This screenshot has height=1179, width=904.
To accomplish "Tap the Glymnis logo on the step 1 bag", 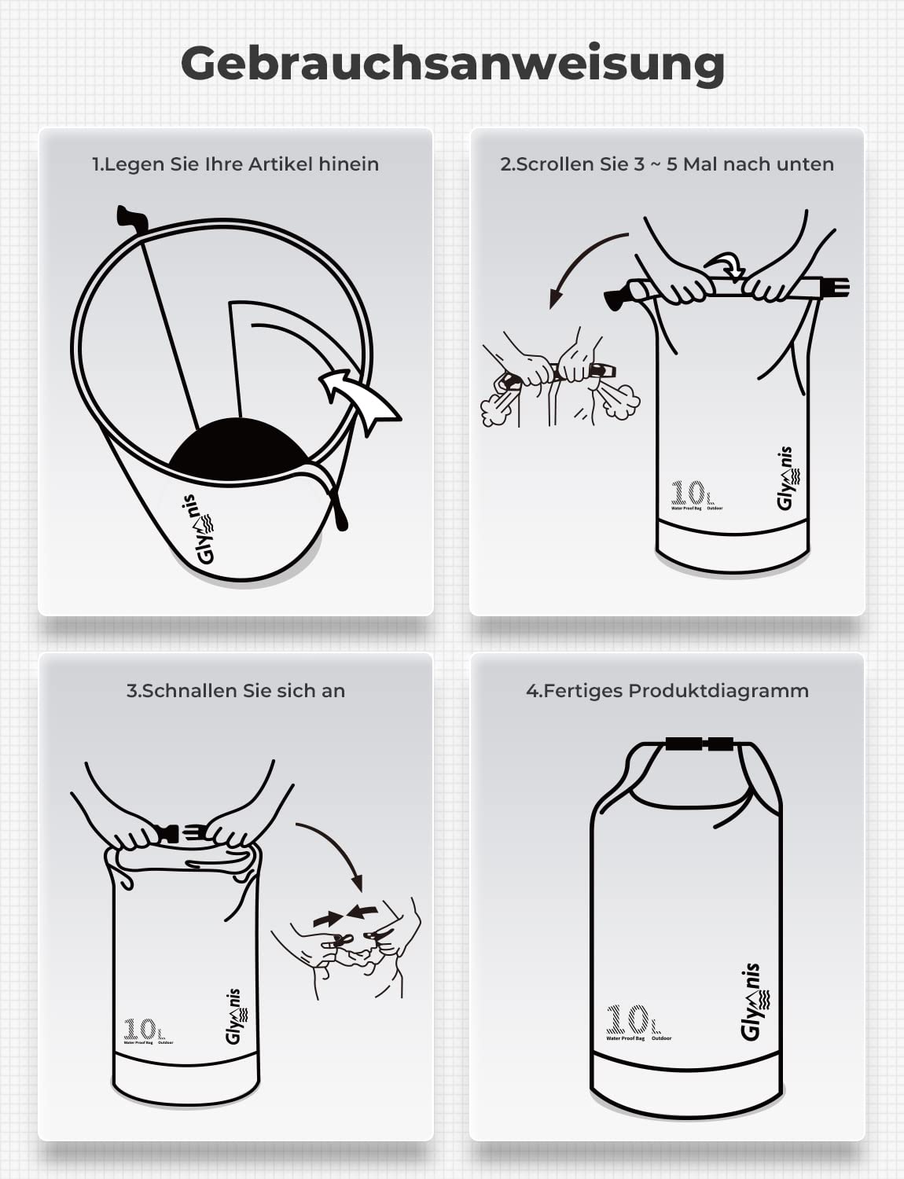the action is pos(198,529).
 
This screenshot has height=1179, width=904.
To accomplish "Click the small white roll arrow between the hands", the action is pos(726,266).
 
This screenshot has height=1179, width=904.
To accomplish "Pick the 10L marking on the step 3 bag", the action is pos(145,1029).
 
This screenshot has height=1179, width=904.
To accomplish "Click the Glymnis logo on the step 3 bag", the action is pos(234,1016).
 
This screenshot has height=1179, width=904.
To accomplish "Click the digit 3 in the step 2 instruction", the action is pos(639,163).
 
